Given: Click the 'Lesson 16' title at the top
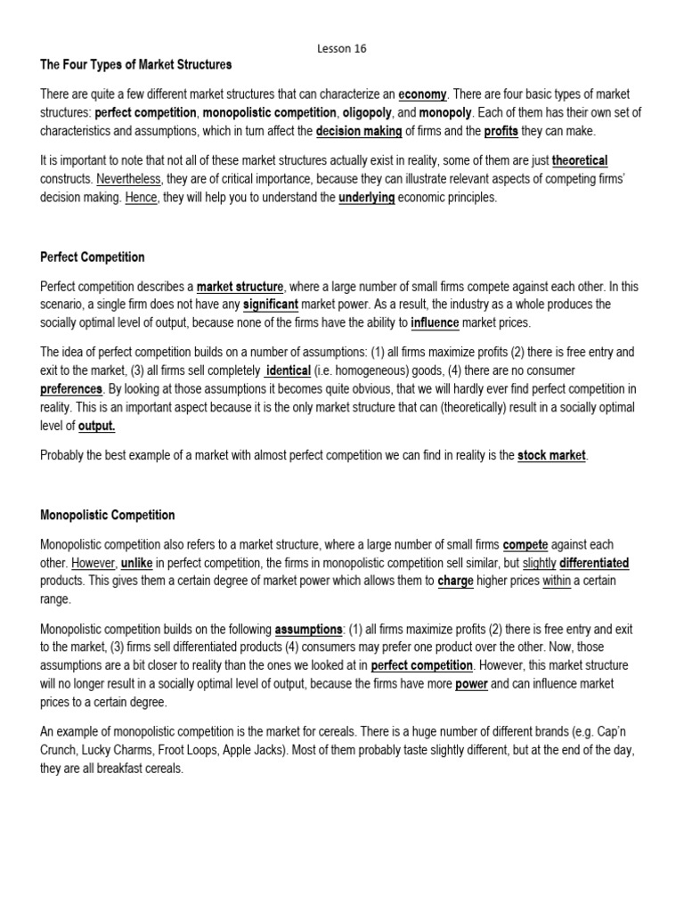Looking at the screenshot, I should click(x=341, y=48).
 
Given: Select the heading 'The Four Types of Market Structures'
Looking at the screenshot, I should click(x=136, y=65).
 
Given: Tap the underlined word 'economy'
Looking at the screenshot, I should click(x=422, y=95).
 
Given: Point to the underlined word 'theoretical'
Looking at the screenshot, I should click(x=580, y=161).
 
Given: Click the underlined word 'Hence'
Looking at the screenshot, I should click(x=141, y=198).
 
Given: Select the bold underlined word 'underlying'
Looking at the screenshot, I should click(x=366, y=198).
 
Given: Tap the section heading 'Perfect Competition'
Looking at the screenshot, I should click(x=93, y=257).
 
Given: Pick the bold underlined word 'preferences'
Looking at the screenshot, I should click(x=72, y=388).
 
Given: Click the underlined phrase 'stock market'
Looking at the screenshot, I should click(x=551, y=456).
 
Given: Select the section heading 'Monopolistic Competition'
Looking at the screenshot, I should click(x=108, y=515).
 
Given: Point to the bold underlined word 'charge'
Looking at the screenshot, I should click(x=456, y=581).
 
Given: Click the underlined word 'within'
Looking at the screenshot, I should click(x=557, y=581).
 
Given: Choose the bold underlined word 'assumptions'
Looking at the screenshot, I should click(x=308, y=628).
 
